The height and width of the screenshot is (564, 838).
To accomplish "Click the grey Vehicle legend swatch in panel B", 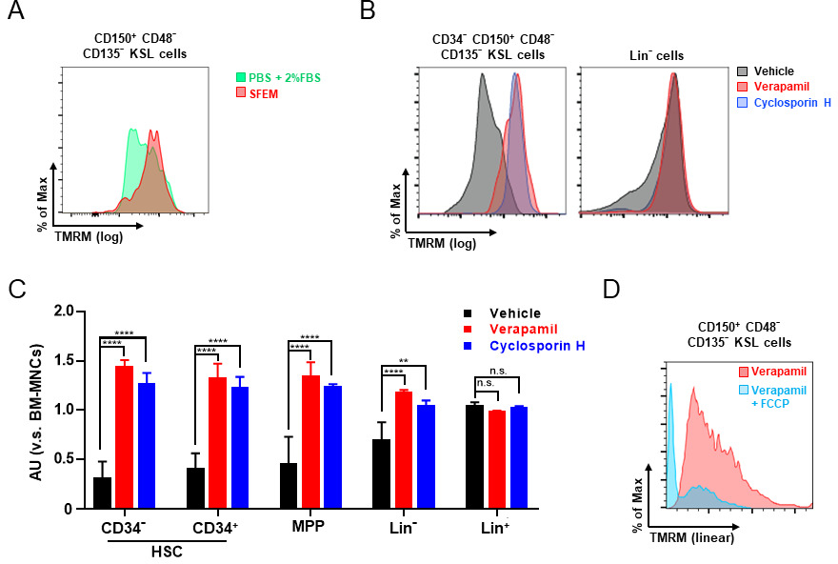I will click(745, 70).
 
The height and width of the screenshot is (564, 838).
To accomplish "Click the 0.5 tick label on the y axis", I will click(64, 459).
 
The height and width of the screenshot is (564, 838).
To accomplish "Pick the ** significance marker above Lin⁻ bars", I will click(430, 362).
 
